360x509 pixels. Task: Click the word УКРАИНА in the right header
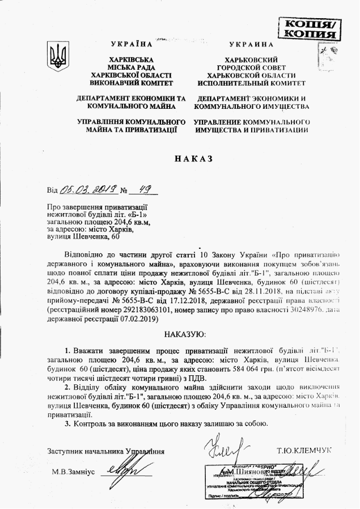252,44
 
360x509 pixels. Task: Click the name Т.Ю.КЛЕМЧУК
304,451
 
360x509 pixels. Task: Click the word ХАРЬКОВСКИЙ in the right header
252,60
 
